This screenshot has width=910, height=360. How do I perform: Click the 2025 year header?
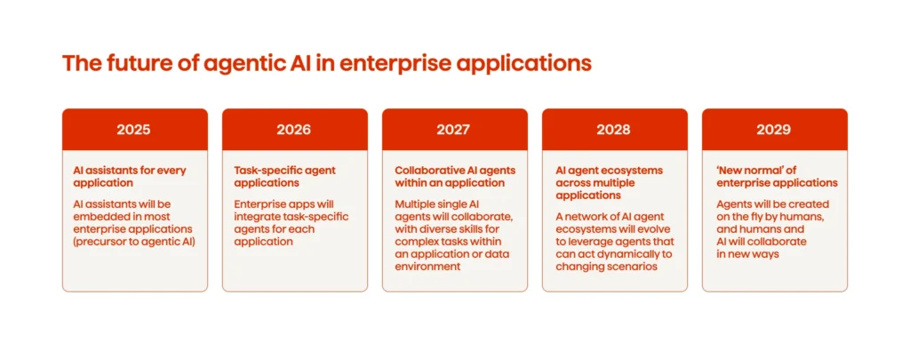[133, 129]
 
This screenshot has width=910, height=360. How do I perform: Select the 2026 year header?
[293, 129]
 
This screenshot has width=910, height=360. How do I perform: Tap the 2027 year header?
[453, 129]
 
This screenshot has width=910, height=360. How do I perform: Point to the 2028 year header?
[613, 129]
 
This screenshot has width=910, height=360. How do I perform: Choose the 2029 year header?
[773, 129]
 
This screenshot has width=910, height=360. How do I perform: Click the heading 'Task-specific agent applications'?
[283, 176]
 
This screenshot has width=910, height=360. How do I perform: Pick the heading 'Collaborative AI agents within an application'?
[454, 176]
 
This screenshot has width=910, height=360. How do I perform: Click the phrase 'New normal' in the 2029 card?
[748, 170]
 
